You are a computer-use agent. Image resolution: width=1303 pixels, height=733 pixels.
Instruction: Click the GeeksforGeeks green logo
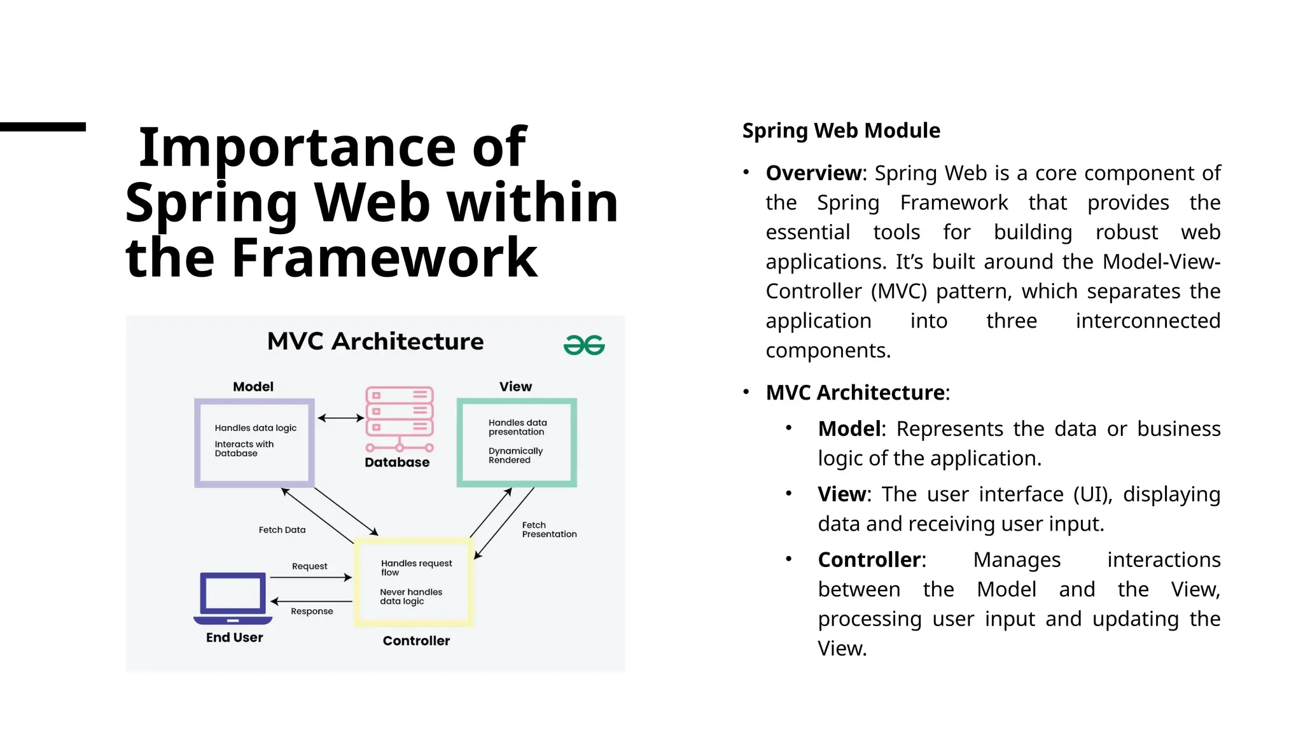[x=584, y=345]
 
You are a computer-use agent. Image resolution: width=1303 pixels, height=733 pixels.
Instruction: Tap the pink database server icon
[x=400, y=418]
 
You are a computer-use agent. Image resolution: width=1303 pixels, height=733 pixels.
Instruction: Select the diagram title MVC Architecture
[x=375, y=342]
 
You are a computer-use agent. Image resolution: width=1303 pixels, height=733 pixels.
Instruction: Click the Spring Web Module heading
[x=840, y=130]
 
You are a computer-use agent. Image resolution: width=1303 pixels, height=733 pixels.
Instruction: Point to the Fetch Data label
[x=282, y=530]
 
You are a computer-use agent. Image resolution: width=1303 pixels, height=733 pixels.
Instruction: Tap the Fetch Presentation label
[x=549, y=529]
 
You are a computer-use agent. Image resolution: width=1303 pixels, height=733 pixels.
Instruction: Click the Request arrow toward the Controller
[x=310, y=578]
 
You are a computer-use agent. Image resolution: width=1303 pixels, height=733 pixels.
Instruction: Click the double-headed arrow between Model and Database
[x=340, y=418]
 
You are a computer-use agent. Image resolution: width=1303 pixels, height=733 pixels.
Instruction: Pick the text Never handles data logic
[x=410, y=596]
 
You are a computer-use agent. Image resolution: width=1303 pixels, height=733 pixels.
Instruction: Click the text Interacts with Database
[x=244, y=449]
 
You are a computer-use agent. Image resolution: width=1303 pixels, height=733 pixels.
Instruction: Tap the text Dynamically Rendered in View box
[x=515, y=455]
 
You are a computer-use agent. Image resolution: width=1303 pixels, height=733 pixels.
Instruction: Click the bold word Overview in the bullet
[x=813, y=173]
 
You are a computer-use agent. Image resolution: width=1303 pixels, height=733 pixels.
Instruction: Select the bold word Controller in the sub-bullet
[x=869, y=560]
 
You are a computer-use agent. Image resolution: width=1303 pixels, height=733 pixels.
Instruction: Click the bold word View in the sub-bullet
[x=841, y=494]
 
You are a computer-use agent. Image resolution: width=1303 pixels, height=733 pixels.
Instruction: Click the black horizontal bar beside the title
[x=43, y=127]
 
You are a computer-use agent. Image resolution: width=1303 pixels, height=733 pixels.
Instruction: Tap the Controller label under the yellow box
[x=416, y=641]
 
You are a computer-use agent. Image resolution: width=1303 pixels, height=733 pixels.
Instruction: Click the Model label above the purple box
[x=253, y=387]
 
